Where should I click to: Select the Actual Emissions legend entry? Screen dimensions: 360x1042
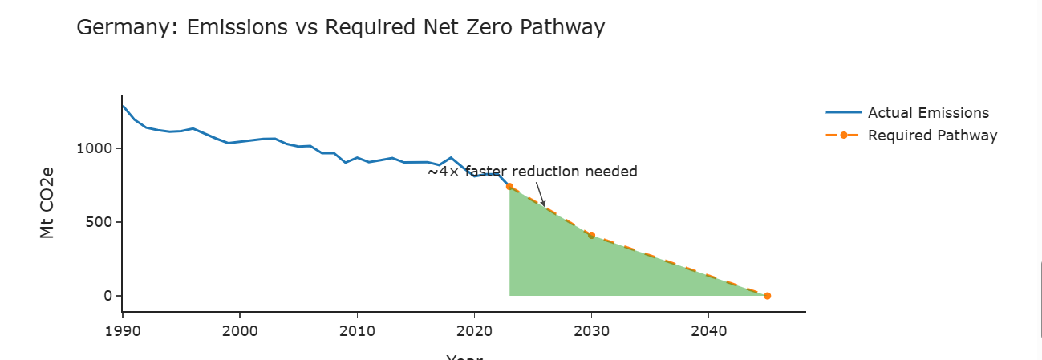[x=928, y=113]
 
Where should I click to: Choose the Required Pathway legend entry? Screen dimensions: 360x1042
[x=932, y=136]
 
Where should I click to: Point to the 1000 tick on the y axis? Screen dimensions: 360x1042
[x=95, y=148]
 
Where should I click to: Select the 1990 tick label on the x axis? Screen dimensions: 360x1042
[x=122, y=330]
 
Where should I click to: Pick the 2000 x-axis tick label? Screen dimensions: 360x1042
[x=240, y=330]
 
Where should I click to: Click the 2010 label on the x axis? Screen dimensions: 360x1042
[x=357, y=330]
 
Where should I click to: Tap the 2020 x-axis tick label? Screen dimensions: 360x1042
[x=474, y=330]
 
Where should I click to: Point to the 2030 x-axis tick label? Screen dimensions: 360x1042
[x=591, y=330]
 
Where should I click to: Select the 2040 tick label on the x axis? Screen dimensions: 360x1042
[x=708, y=330]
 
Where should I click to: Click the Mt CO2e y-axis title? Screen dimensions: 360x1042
[x=47, y=204]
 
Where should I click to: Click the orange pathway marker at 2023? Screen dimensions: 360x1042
[x=509, y=186]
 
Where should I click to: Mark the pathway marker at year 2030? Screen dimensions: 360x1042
[x=591, y=235]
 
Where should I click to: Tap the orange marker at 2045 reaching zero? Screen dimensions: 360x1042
[x=767, y=296]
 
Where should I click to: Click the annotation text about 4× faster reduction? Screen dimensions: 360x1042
[x=532, y=172]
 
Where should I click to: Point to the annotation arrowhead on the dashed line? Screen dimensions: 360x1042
[x=544, y=205]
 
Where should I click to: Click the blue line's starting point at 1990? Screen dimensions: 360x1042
[x=123, y=105]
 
